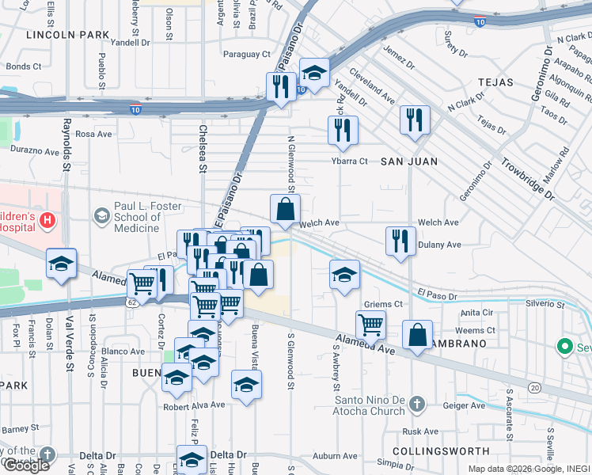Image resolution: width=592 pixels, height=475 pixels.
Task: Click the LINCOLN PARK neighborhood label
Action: click(x=67, y=35)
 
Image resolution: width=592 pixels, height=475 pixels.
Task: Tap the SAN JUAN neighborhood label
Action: click(x=409, y=161)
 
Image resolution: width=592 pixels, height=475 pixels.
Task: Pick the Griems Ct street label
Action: click(x=383, y=304)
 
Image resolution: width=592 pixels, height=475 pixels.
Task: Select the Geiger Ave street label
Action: click(x=463, y=405)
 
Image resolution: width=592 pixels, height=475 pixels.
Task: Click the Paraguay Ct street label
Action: click(x=246, y=55)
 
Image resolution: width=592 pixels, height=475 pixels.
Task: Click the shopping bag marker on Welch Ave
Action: click(x=286, y=210)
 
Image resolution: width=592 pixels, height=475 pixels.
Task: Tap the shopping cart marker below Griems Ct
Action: click(x=370, y=324)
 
